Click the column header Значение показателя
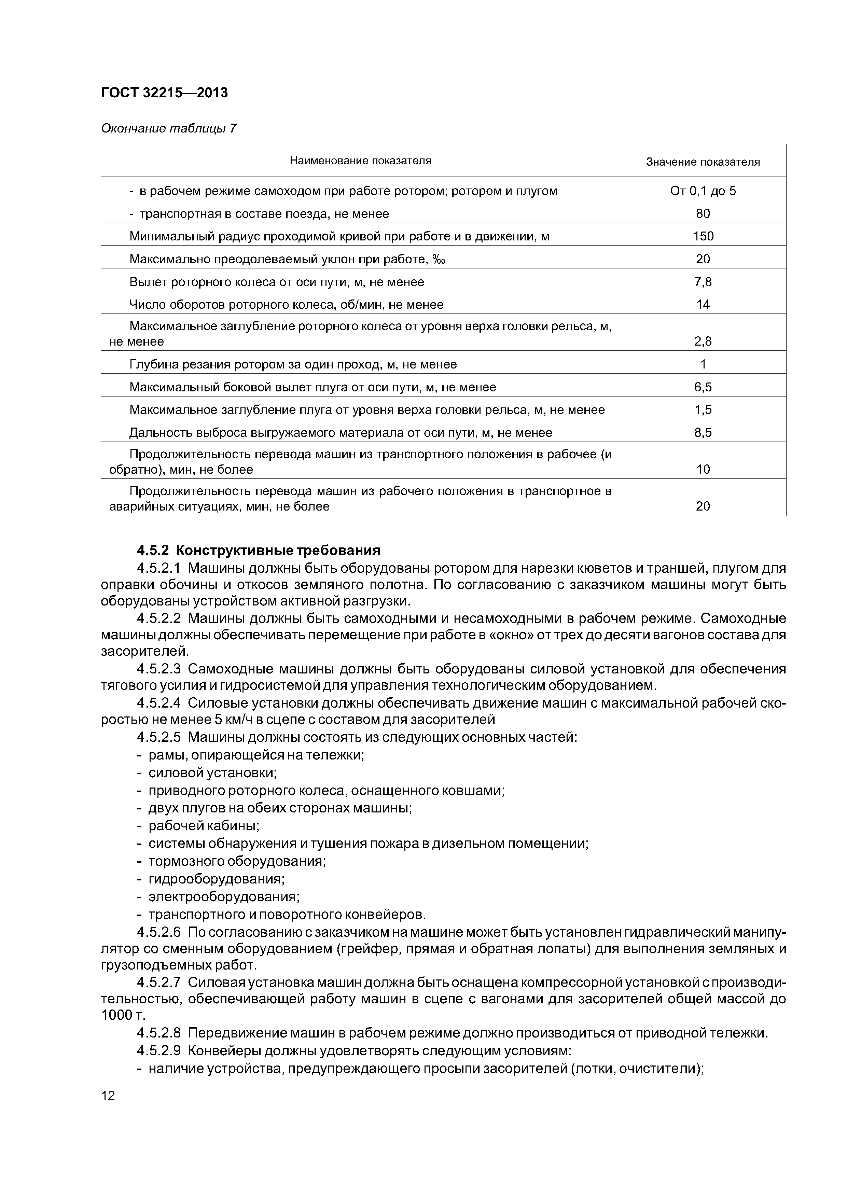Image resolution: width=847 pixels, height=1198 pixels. coord(703,162)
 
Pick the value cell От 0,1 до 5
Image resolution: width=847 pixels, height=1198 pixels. coord(703,191)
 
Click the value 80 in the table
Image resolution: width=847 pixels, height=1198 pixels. coord(703,213)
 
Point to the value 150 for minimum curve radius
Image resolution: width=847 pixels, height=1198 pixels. coord(703,236)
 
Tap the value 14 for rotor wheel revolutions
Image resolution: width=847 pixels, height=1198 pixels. coord(703,305)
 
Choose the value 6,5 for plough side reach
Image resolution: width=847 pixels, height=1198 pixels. coord(703,387)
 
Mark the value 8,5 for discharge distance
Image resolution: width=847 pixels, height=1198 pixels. coord(703,433)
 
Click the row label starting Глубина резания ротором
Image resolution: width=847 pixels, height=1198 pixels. coord(293,364)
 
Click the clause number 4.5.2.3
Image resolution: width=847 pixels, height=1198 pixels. coord(159,669)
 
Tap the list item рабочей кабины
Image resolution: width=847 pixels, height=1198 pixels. coord(204,826)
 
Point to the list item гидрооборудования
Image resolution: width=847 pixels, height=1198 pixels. coord(216,879)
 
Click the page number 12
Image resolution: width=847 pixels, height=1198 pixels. coord(108,1095)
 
